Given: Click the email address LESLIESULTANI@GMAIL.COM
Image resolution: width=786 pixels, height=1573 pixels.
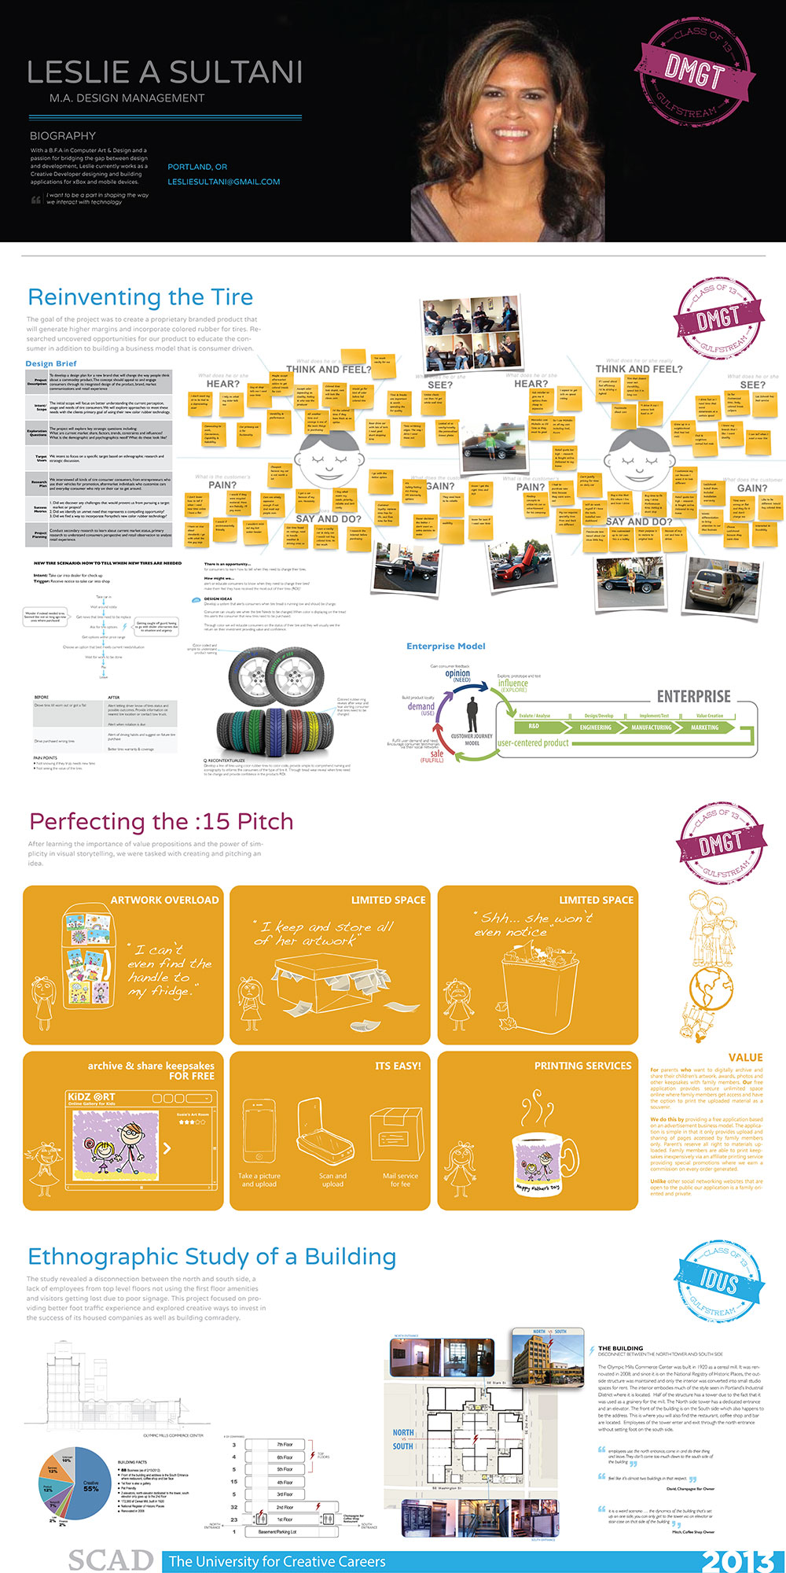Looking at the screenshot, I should coord(224,182).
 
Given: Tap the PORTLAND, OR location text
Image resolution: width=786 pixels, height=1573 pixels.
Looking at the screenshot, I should coord(197,167).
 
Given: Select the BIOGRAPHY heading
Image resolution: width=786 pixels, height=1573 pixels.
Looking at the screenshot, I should coord(63,136).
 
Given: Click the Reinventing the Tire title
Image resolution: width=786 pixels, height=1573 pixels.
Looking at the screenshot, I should coord(140,297).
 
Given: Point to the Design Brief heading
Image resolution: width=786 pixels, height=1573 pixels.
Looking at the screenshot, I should coord(51,363).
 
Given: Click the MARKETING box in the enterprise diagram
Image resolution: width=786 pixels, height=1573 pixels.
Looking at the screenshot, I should coord(704,728).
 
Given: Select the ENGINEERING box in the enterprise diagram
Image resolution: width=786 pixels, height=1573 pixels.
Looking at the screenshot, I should coord(596,728).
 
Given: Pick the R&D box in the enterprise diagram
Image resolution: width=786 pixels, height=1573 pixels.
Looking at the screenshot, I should coord(534,727).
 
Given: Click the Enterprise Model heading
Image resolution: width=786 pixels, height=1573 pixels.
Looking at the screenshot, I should coord(446,647).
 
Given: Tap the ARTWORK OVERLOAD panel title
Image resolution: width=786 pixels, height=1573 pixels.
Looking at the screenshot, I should coord(164,900).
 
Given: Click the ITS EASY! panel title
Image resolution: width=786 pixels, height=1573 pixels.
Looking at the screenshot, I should coord(398,1066).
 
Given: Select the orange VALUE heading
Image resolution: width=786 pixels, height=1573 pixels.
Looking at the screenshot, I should coord(745,1058).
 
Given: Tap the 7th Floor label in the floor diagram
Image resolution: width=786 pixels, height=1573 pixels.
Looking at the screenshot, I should coord(285,1445).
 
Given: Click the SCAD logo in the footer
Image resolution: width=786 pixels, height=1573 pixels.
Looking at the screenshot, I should coord(110,1560).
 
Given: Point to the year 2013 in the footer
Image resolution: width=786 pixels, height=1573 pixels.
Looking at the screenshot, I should coord(739,1560).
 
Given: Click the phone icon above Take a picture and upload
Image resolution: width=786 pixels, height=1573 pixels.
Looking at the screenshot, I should coord(259,1130).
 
